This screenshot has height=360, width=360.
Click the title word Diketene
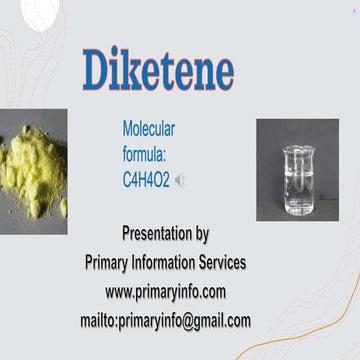click(x=157, y=69)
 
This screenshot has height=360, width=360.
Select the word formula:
click(x=146, y=153)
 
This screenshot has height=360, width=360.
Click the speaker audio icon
click(x=180, y=180)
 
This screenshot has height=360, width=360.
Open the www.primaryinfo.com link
click(x=165, y=292)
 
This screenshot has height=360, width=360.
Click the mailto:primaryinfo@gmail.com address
click(x=165, y=320)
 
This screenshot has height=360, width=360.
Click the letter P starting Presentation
click(x=126, y=236)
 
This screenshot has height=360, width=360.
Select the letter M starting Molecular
click(x=126, y=128)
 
